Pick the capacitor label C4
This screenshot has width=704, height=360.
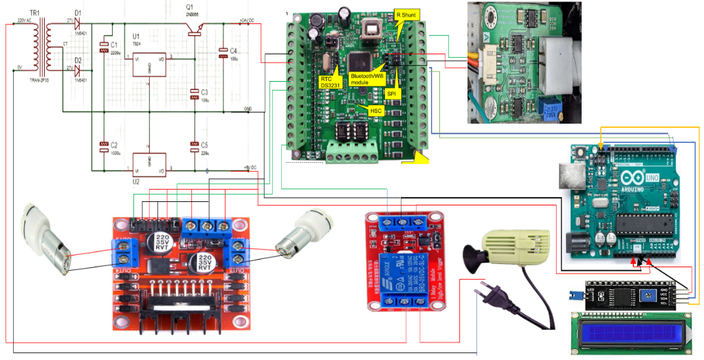[233, 51]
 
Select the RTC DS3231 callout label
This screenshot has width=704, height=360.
[328, 82]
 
